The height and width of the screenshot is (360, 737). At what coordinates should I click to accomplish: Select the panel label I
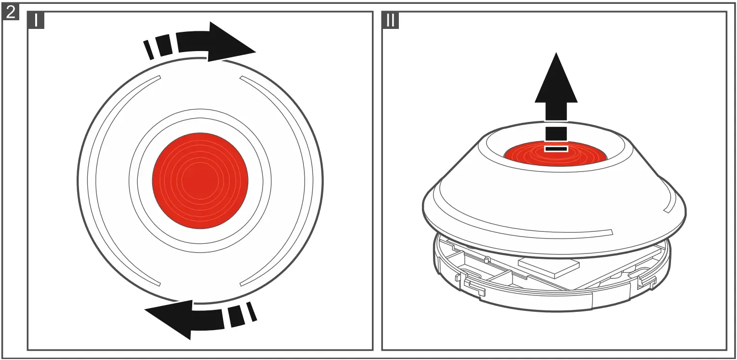click(36, 21)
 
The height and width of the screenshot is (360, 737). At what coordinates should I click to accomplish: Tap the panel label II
click(391, 21)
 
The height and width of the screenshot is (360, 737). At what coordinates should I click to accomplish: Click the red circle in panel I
click(200, 181)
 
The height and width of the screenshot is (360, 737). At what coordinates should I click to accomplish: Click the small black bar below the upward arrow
click(556, 149)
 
